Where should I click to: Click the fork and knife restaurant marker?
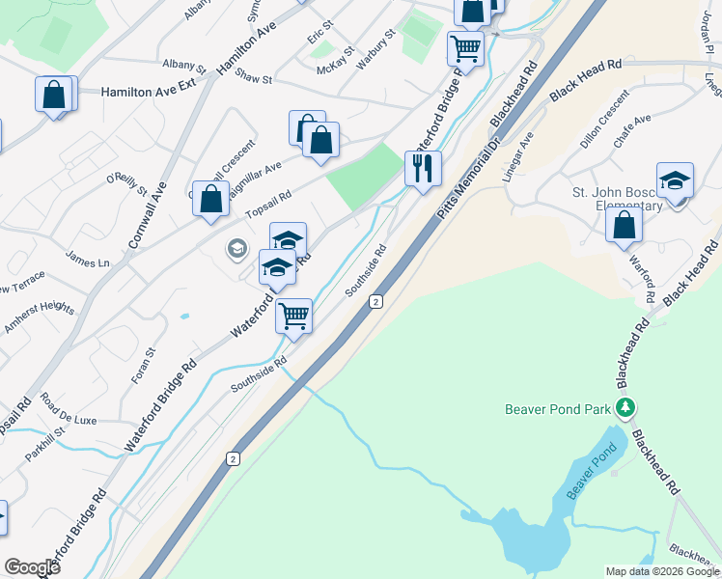coord(423,169)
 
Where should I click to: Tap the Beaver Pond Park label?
coord(558,409)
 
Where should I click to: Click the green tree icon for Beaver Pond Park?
coord(626,408)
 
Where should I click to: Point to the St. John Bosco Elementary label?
coord(618,199)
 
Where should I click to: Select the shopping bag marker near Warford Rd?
coord(625,225)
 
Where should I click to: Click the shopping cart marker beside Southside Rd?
coord(293,315)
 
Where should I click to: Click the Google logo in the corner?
coord(33,567)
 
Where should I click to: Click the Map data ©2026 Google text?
coord(662,571)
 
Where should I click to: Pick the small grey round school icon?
coord(236,250)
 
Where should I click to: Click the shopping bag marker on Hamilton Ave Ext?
coord(54,96)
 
